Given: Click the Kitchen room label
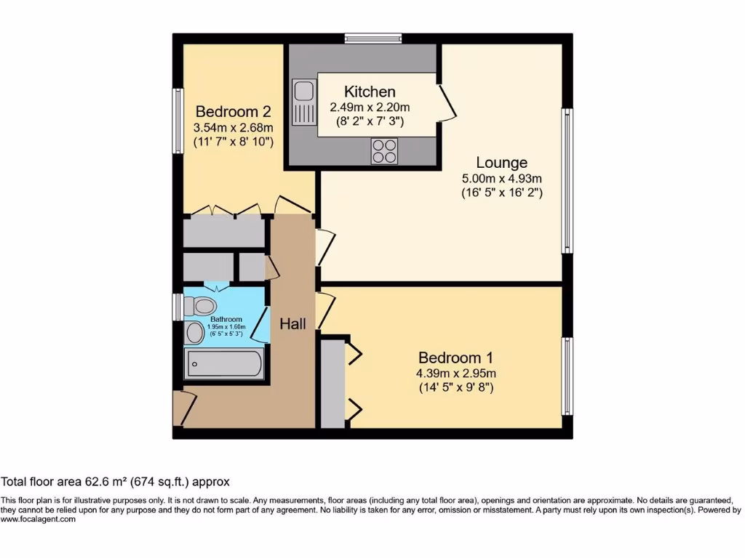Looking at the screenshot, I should point(370,92).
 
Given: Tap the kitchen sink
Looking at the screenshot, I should point(303,102).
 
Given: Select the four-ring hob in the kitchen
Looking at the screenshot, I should point(385,150).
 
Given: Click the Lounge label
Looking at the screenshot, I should point(502,163).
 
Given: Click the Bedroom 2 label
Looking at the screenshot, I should point(234,112).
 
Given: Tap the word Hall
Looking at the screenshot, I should point(292,324).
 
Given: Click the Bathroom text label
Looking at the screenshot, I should point(226,319).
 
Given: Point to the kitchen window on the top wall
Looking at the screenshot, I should point(373,38).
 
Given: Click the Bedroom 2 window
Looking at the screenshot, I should point(177,121).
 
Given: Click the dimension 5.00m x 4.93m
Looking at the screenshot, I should point(502,179).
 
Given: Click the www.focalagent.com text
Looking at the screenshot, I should point(38,519).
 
